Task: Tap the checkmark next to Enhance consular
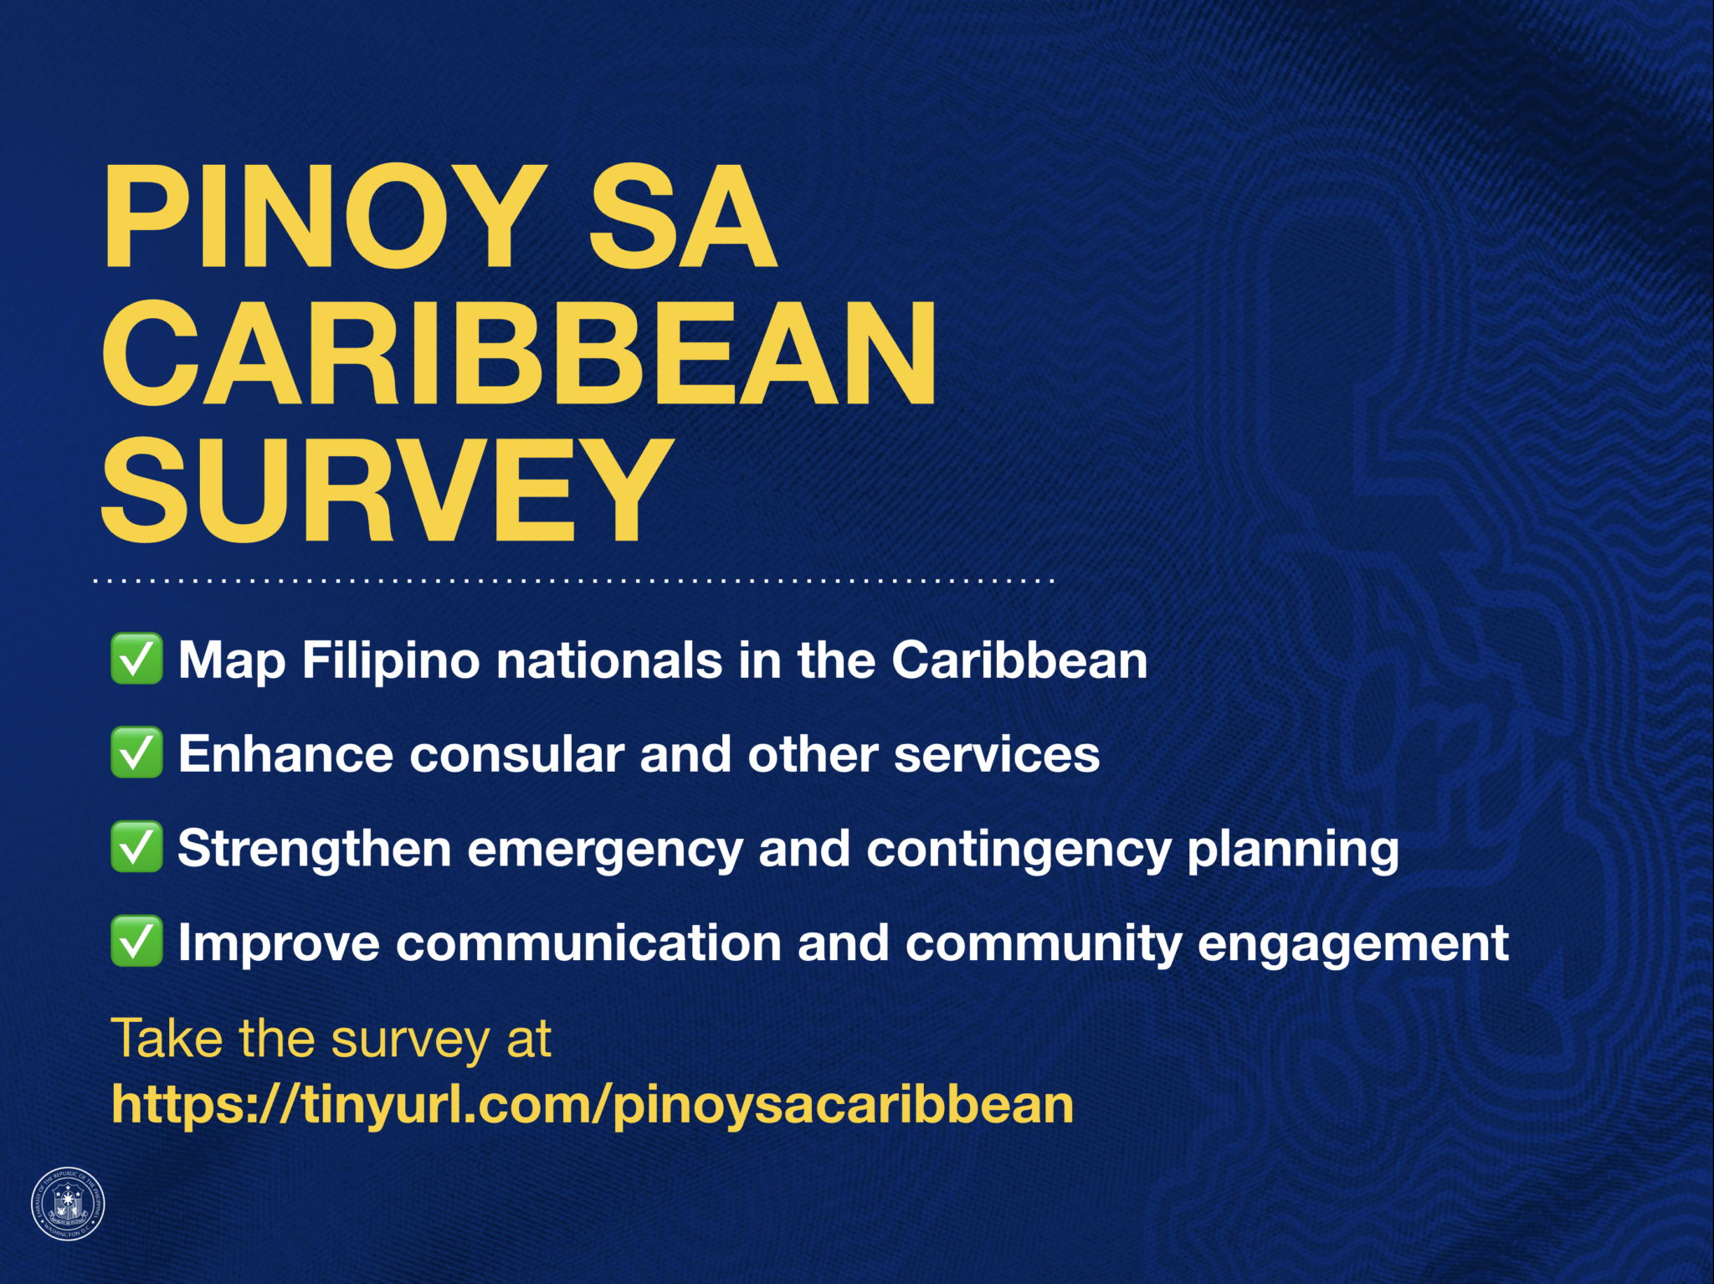tap(136, 752)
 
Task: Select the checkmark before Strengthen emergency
tap(136, 847)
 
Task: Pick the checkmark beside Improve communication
tap(136, 942)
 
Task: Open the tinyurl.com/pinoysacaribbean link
tap(593, 1104)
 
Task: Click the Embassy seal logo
tap(68, 1204)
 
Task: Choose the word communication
tap(588, 943)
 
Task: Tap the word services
tap(996, 754)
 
